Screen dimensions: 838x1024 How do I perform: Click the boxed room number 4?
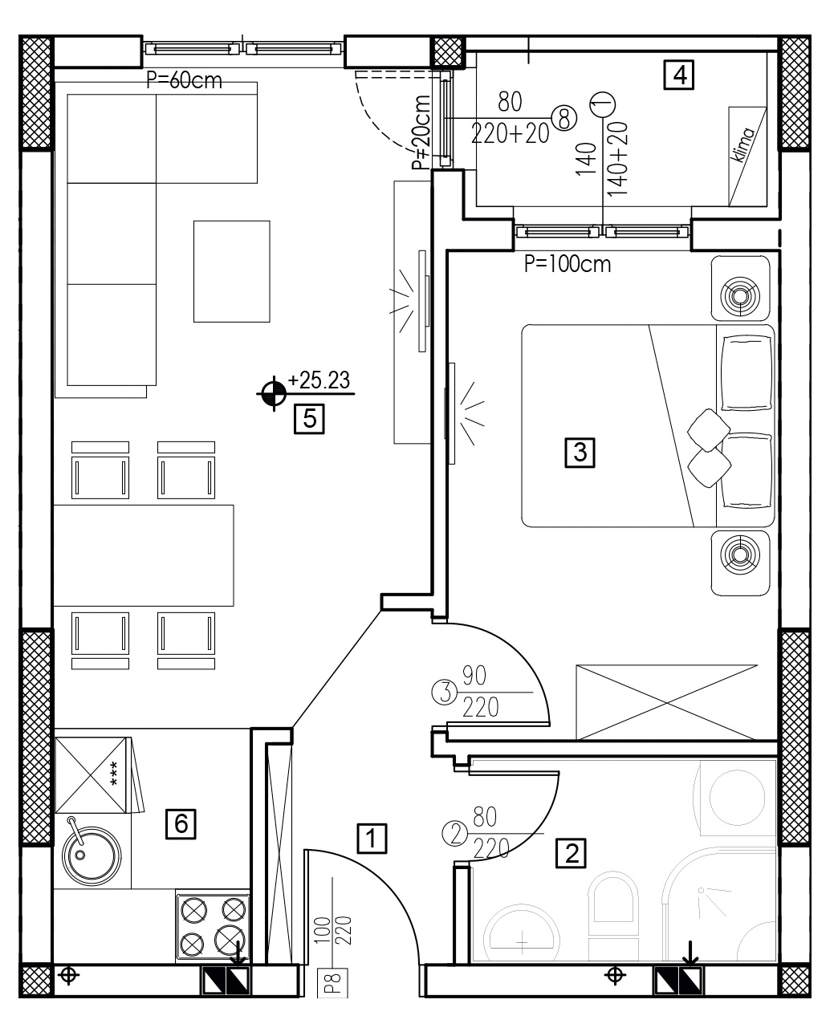pyautogui.click(x=678, y=75)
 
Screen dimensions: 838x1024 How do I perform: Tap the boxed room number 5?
pyautogui.click(x=309, y=419)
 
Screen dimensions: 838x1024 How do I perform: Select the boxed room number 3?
pyautogui.click(x=580, y=453)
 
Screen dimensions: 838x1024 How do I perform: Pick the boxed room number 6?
pyautogui.click(x=181, y=824)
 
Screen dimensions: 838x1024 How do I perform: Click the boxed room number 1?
pyautogui.click(x=372, y=839)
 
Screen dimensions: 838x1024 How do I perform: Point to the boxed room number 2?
pyautogui.click(x=571, y=853)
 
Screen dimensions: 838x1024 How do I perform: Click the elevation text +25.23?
pyautogui.click(x=319, y=380)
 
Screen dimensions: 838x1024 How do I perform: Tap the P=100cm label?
pyautogui.click(x=567, y=265)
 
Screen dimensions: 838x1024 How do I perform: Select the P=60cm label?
pyautogui.click(x=184, y=80)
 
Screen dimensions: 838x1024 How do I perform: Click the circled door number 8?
pyautogui.click(x=564, y=118)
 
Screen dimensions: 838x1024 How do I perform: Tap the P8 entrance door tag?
pyautogui.click(x=333, y=983)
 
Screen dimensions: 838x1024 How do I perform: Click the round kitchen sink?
pyautogui.click(x=92, y=856)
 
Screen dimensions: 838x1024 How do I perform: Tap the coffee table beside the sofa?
pyautogui.click(x=232, y=271)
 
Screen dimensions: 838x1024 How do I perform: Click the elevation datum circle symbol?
pyautogui.click(x=274, y=393)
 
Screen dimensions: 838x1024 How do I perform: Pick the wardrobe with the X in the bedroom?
pyautogui.click(x=666, y=702)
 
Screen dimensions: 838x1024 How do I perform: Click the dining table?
pyautogui.click(x=144, y=555)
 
